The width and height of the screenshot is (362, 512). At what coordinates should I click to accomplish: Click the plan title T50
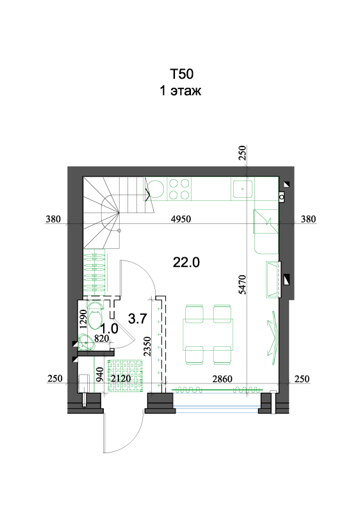coord(181,74)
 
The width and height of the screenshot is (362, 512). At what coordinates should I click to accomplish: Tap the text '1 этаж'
coord(180,91)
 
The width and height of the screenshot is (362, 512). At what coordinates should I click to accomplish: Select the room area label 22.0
coord(186,262)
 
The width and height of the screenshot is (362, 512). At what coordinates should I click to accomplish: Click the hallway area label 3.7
coord(137,318)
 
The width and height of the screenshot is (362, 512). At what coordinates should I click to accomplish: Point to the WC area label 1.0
coord(109,328)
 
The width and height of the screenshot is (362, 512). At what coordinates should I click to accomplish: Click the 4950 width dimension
coord(181,219)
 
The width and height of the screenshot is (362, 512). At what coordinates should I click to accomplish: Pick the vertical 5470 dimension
coord(242,285)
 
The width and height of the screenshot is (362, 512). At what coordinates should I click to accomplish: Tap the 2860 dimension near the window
coord(222,379)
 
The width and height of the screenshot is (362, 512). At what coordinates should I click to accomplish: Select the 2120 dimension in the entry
coord(120,379)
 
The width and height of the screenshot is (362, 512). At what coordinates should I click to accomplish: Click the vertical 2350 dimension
coord(147,346)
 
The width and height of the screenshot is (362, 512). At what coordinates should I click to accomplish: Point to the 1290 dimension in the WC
coord(83,319)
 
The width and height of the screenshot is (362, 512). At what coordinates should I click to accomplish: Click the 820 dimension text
coord(101,339)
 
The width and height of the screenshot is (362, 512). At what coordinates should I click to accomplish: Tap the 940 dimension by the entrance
coord(100,374)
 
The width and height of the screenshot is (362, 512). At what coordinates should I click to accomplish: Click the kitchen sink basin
coord(242,189)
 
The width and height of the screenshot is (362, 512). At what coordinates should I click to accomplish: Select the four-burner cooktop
coord(179,189)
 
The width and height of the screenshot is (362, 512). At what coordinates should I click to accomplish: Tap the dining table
coord(208,334)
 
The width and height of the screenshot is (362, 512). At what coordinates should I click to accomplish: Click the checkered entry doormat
coord(126,376)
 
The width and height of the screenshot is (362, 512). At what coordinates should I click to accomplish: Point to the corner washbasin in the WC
coord(86,342)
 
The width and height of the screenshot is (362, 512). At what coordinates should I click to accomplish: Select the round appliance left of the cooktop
coord(156,189)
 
